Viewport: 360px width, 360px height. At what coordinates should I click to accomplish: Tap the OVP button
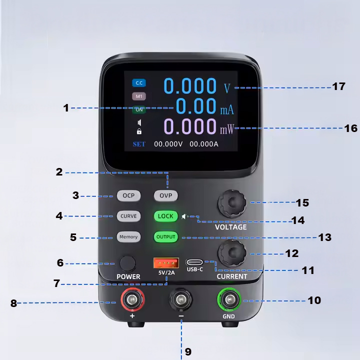[x=166, y=195]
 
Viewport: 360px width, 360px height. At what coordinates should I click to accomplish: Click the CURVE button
[x=128, y=216]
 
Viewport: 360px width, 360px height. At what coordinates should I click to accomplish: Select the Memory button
[x=128, y=236]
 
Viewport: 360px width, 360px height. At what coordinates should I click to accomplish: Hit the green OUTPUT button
[x=166, y=236]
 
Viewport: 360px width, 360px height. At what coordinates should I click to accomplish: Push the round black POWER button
[x=128, y=263]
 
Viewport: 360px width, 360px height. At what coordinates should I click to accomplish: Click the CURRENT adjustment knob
[x=232, y=253]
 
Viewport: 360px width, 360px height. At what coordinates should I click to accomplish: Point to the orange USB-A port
[x=166, y=263]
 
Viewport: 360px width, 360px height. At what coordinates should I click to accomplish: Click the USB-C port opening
[x=194, y=262]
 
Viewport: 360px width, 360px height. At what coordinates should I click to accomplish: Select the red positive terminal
[x=132, y=299]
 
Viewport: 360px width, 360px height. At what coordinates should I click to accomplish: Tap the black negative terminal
[x=181, y=299]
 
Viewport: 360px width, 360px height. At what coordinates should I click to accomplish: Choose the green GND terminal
[x=229, y=299]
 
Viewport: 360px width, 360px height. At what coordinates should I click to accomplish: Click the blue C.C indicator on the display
[x=139, y=83]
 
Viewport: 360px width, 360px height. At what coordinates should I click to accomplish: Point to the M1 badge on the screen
[x=139, y=96]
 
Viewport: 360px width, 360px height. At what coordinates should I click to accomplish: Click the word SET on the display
[x=139, y=144]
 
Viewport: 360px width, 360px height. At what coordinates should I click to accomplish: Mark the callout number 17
[x=338, y=86]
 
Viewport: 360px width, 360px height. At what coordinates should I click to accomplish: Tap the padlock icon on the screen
[x=139, y=131]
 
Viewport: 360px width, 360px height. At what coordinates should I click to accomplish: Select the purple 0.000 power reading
[x=190, y=126]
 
